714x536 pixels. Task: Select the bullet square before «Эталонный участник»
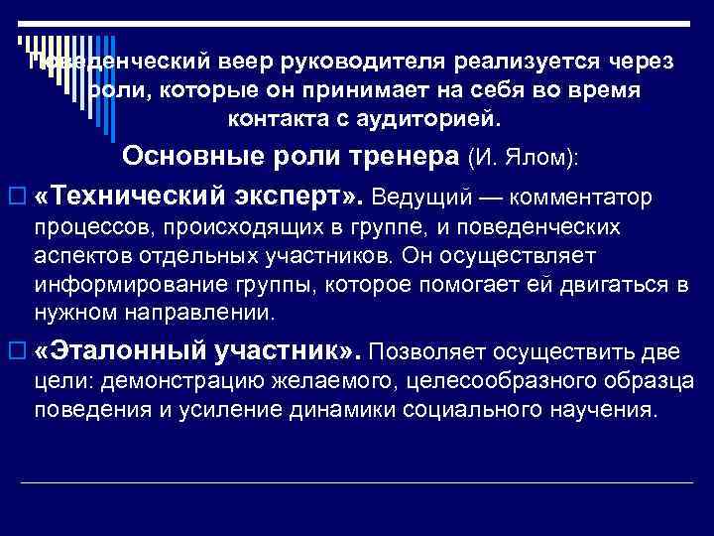[x=14, y=351]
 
